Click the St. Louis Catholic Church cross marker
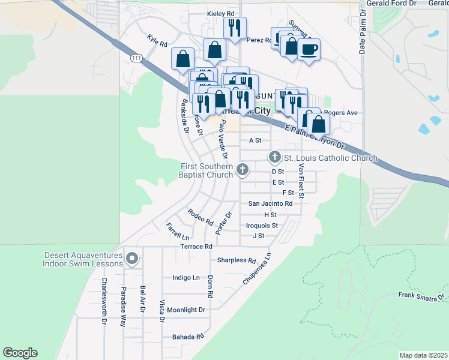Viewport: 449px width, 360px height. coord(275,158)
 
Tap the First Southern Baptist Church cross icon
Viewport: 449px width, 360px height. coord(243,170)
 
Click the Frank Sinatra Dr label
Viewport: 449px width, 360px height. coord(421,296)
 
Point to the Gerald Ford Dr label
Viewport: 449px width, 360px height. coord(394,4)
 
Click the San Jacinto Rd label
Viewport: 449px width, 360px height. coord(270,203)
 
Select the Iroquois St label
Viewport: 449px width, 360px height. coord(262,226)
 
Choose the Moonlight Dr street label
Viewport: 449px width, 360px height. coord(186,310)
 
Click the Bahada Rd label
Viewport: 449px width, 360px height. coord(188,337)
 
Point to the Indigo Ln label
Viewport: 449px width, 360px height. coord(185,278)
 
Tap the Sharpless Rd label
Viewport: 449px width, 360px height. coord(236,260)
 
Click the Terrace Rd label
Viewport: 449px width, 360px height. coord(196,247)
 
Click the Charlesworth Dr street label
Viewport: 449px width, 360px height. coord(104,301)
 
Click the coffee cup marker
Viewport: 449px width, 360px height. coord(309,49)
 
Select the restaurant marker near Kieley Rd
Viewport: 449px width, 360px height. coord(234,27)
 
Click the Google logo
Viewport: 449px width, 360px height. coord(20,353)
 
